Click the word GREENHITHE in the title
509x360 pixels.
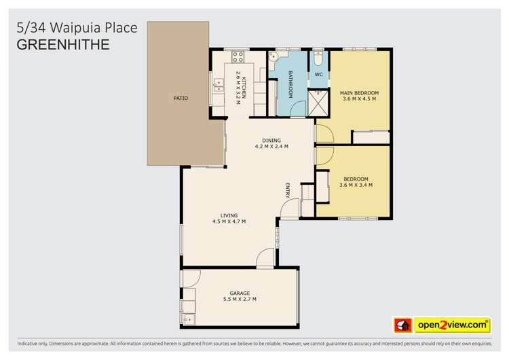point(62,45)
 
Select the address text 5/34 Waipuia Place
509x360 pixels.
point(76,28)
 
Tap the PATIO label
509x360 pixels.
point(180,98)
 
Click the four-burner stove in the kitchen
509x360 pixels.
point(238,57)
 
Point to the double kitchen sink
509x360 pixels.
point(219,85)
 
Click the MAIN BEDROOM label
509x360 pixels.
point(359,93)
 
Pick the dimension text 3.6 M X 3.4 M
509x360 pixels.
point(356,185)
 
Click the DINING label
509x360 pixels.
point(271,141)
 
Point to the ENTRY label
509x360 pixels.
point(288,190)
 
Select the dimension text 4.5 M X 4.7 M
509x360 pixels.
point(229,221)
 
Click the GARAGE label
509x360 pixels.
point(240,293)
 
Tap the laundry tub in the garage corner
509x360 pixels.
point(189,318)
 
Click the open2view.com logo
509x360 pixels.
point(452,325)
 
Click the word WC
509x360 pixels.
point(318,75)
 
